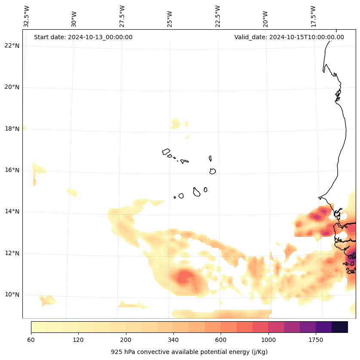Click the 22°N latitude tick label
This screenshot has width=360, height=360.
coord(12,46)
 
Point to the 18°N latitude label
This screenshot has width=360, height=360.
coord(12,129)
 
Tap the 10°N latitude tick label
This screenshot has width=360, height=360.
coord(12,295)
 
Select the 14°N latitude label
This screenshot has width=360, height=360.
coord(12,212)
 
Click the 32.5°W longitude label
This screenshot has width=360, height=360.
coord(27,16)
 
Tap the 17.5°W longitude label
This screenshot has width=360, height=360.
coord(314,16)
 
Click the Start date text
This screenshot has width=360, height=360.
coord(83,37)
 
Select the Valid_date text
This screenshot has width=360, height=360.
coord(289,37)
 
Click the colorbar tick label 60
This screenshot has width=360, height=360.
coord(31,340)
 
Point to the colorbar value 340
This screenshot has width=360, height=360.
coord(173,340)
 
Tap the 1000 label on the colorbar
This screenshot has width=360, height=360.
coord(268,340)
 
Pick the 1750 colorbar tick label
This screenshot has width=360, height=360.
coord(316,340)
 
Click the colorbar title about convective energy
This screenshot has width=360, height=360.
coord(189,352)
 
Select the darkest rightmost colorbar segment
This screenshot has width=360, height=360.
coord(340,327)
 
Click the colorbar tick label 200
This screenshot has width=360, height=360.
coord(126,340)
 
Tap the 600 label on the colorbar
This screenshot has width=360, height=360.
coord(221,340)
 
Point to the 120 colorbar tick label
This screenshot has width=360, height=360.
coord(78,340)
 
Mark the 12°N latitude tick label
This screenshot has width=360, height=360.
coord(12,253)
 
